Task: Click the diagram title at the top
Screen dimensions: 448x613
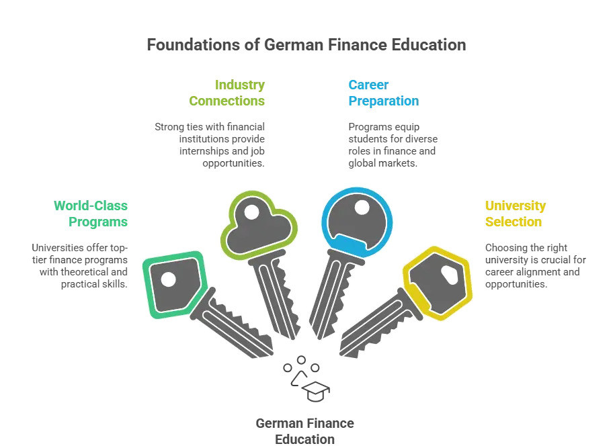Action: point(306,46)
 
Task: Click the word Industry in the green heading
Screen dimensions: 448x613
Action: point(241,85)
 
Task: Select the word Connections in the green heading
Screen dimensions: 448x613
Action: point(228,101)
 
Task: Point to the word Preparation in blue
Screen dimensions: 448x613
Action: point(383,101)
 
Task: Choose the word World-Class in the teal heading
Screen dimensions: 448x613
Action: point(91,206)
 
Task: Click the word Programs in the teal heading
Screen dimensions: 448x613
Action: point(100,222)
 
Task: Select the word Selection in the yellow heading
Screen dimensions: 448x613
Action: point(514,222)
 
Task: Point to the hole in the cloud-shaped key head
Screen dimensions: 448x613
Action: point(251,213)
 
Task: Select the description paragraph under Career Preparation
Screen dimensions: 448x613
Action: point(393,142)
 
